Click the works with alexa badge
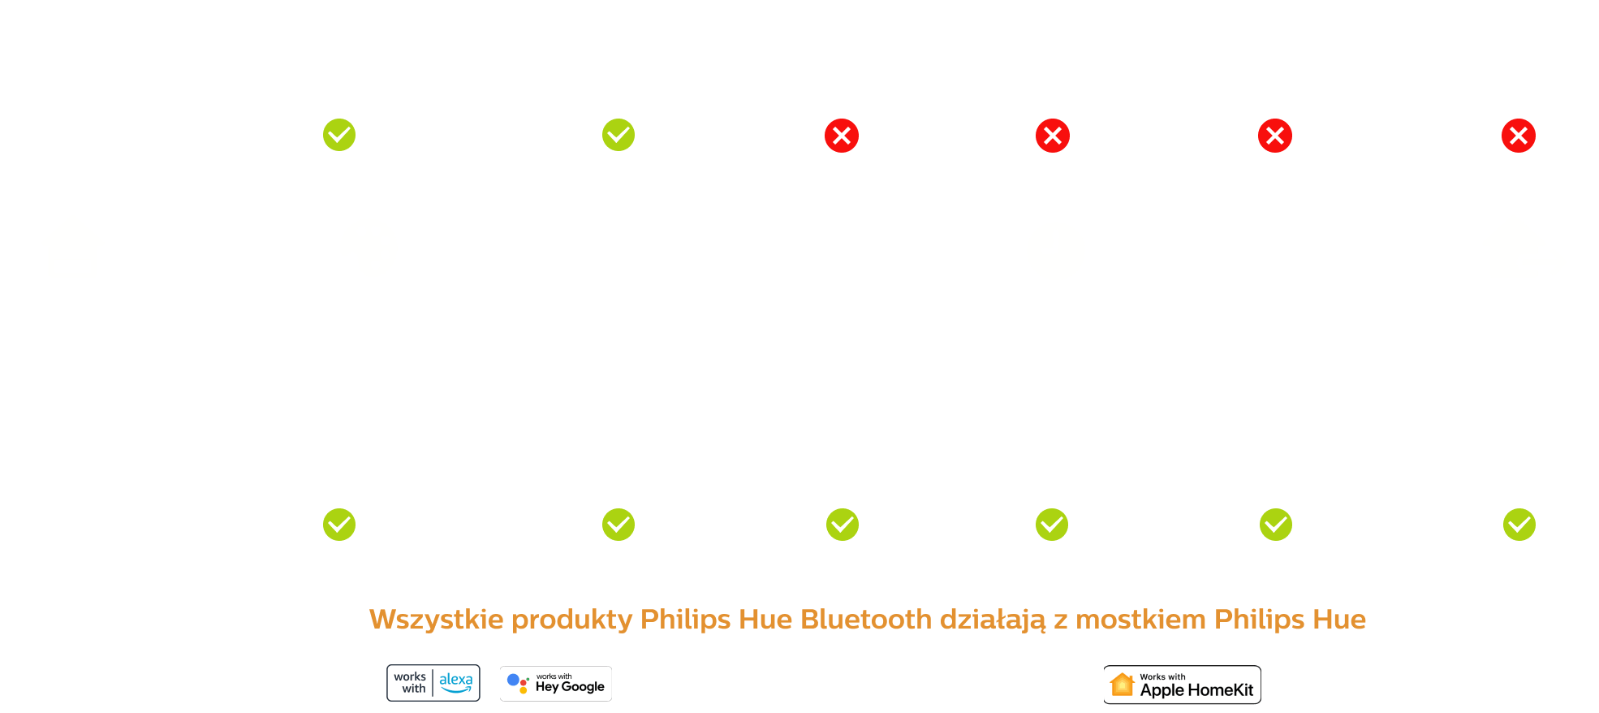click(x=433, y=683)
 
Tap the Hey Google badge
click(x=556, y=684)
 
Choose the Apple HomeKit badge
click(x=1182, y=685)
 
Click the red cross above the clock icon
click(x=1053, y=136)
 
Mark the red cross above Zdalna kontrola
click(x=1519, y=136)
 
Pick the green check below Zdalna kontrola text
click(x=1519, y=525)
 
